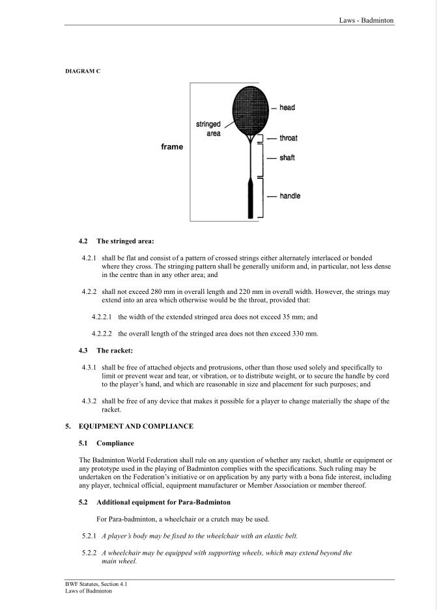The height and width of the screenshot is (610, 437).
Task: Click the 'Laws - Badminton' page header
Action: click(x=366, y=20)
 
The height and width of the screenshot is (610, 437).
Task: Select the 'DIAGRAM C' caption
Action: click(x=83, y=70)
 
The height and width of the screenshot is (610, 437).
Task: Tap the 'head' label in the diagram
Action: click(x=287, y=107)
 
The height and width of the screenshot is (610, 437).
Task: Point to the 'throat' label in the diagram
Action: click(x=289, y=138)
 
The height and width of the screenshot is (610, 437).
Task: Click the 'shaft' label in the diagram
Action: click(x=287, y=158)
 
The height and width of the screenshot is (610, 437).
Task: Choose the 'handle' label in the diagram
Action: click(x=290, y=196)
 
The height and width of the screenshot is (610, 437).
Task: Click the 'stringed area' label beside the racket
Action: click(x=208, y=129)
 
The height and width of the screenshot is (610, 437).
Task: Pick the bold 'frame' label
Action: click(x=172, y=147)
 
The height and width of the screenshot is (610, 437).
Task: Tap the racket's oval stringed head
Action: click(x=251, y=109)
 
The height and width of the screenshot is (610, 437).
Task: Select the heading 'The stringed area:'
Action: click(x=125, y=241)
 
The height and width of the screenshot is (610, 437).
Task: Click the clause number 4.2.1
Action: click(x=89, y=258)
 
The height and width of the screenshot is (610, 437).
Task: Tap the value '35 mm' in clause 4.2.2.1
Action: click(x=292, y=317)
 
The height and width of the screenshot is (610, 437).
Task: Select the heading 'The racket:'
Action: click(x=115, y=351)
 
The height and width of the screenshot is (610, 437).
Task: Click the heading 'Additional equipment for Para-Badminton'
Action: click(x=163, y=503)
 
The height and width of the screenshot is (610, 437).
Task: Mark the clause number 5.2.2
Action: click(x=89, y=553)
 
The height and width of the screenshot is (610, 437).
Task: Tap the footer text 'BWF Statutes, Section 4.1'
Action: click(x=91, y=585)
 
